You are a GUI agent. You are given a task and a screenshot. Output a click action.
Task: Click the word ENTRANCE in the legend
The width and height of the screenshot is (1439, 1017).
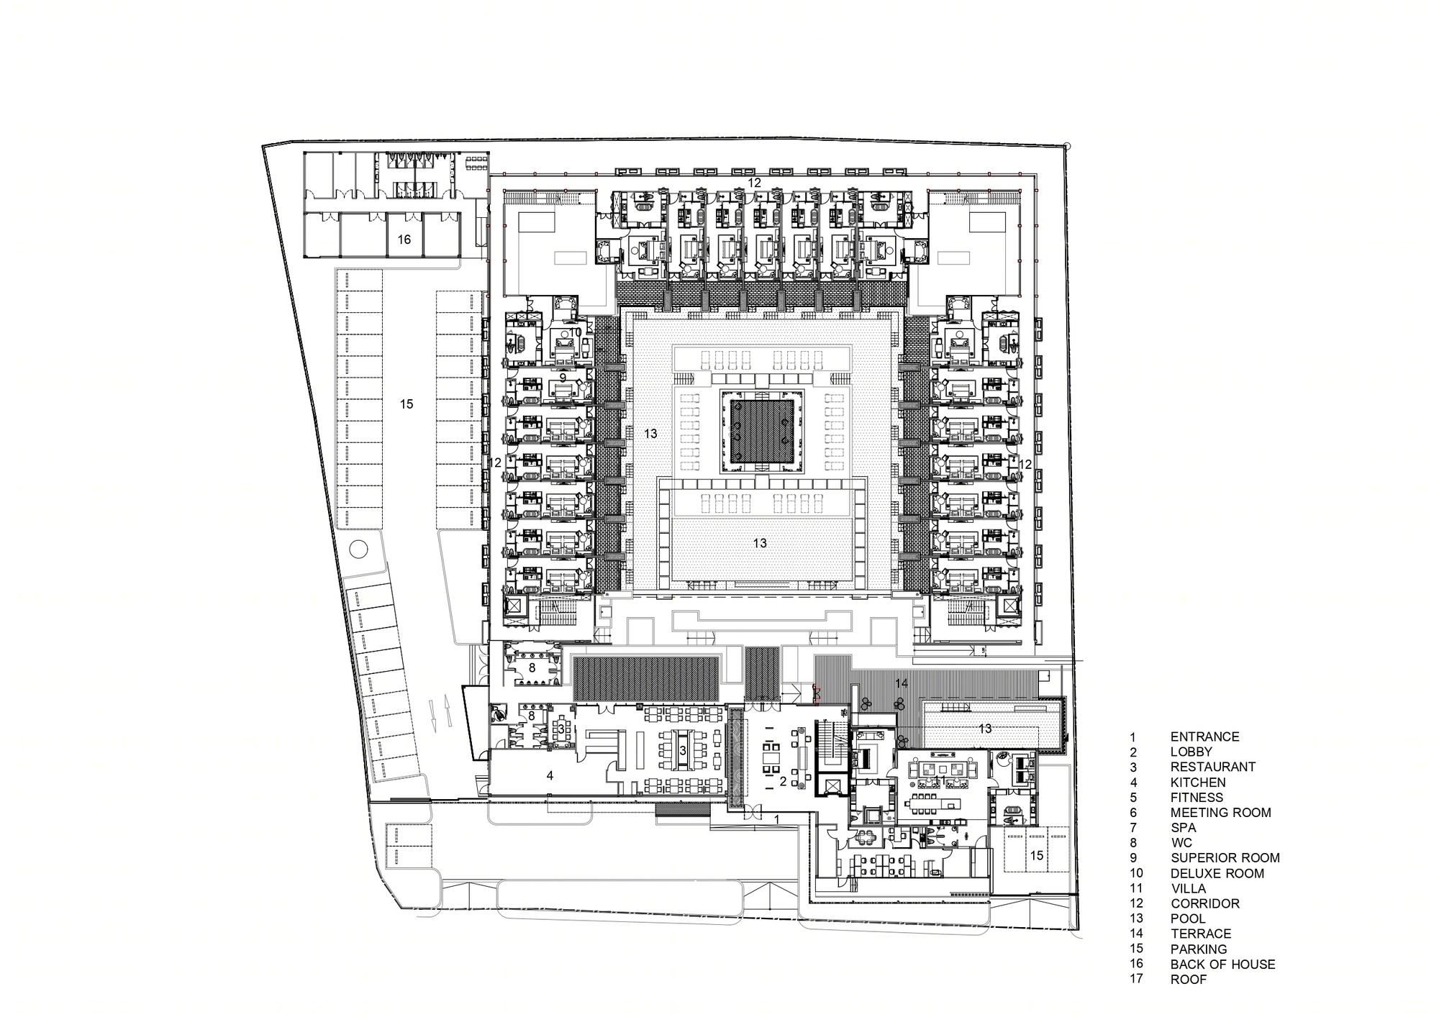coord(1204,736)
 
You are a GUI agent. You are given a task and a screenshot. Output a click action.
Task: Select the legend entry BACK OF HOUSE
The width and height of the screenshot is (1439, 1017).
coord(1222,964)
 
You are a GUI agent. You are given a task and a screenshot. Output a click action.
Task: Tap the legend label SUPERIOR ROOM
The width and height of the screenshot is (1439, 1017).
coord(1225,857)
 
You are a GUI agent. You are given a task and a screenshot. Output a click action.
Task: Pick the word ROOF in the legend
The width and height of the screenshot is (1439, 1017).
coord(1189,979)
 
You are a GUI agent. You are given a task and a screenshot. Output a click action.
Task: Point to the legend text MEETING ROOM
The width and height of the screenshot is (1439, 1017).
coord(1220,812)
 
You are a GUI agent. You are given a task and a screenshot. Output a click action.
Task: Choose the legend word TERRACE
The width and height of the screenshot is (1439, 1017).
coord(1201,934)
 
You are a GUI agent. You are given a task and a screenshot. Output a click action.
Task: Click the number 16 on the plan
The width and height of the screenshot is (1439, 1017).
coord(404,239)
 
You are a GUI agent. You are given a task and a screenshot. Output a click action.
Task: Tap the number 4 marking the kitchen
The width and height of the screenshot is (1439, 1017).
coord(550,775)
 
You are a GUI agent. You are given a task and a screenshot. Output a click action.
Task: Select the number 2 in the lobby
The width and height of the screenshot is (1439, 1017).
coord(784,781)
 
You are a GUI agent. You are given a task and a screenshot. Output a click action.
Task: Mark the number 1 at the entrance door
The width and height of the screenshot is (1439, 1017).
coord(776,819)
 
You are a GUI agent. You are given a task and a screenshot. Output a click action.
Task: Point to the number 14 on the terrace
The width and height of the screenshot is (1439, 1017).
coord(902,682)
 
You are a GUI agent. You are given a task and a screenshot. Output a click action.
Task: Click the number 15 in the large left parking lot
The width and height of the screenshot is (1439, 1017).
coord(407,404)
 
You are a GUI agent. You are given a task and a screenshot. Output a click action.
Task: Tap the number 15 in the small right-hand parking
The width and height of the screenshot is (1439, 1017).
coord(1036,855)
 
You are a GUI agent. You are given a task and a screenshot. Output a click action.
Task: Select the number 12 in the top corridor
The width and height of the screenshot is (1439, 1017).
coord(753,183)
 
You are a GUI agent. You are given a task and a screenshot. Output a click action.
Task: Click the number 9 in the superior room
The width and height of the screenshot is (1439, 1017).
coord(563,377)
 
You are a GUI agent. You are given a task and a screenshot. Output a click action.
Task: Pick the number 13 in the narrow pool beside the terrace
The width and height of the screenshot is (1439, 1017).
coord(985,729)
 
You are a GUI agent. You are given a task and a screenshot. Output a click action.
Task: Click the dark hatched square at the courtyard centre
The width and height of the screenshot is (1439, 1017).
coord(762,431)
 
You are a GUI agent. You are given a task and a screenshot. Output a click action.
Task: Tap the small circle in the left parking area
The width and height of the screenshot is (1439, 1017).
coord(358,550)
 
